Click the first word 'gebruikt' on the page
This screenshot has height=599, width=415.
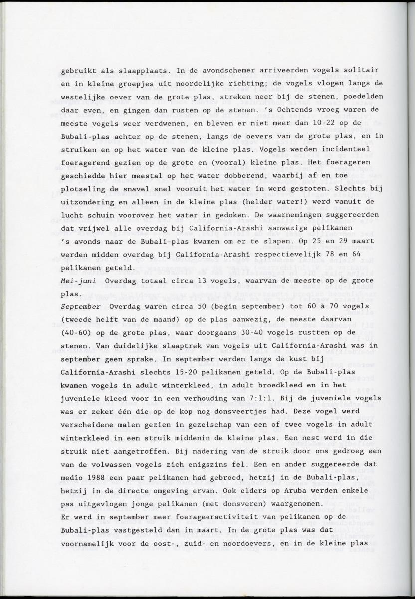point(77,71)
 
